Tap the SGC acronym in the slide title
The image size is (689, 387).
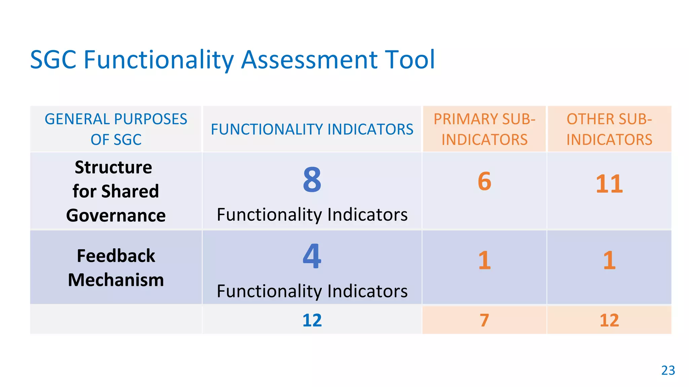(x=53, y=60)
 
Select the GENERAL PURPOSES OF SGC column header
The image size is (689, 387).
(x=116, y=129)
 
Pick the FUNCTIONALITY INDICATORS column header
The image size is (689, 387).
(x=312, y=129)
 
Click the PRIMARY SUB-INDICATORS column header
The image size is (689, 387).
(x=484, y=129)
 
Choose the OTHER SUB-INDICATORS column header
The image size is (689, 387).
(x=609, y=129)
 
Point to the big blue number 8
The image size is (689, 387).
(x=312, y=180)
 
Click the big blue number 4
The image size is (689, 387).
(x=312, y=256)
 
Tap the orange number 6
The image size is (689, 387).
(x=484, y=181)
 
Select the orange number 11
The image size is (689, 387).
(x=609, y=184)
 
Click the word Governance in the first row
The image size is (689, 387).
(x=116, y=215)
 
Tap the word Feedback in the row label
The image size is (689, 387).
(x=116, y=256)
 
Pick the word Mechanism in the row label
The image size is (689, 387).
(x=116, y=280)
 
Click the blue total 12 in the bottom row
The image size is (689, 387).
(x=312, y=320)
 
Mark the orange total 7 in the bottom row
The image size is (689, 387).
(x=484, y=320)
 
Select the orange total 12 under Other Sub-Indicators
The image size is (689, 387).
(x=609, y=320)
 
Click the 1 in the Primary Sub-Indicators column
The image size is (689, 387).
(x=484, y=260)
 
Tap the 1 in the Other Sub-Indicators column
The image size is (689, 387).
(x=609, y=260)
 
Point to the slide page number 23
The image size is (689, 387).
(x=668, y=370)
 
